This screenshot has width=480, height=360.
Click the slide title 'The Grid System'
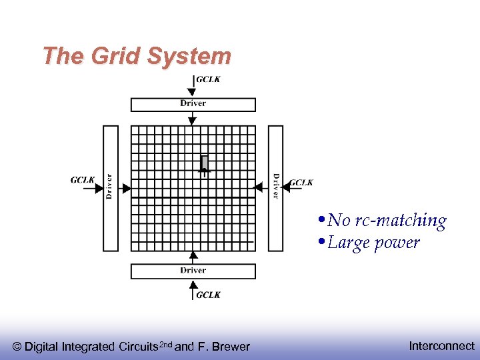coord(137,56)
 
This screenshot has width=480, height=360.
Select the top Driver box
coord(193,104)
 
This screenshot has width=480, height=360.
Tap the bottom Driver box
coord(193,271)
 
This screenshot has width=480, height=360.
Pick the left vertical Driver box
coord(110,188)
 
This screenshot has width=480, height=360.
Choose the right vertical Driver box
coord(275,188)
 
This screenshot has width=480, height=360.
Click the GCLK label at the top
coord(208,80)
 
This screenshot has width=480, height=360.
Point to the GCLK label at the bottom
coord(208,295)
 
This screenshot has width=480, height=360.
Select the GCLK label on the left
coord(83,180)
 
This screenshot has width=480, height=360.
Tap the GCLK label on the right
coord(301,183)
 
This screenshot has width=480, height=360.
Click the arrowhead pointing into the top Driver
coord(193,94)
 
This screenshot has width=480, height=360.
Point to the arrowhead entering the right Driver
coord(286,188)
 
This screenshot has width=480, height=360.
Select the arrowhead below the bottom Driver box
coord(193,283)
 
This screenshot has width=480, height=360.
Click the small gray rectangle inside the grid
coord(205,163)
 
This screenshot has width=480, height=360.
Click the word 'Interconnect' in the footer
coord(441,345)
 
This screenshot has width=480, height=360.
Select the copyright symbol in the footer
coord(17,347)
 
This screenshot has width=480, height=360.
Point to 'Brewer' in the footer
coord(231,347)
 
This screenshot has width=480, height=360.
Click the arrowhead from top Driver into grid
coord(193,121)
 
